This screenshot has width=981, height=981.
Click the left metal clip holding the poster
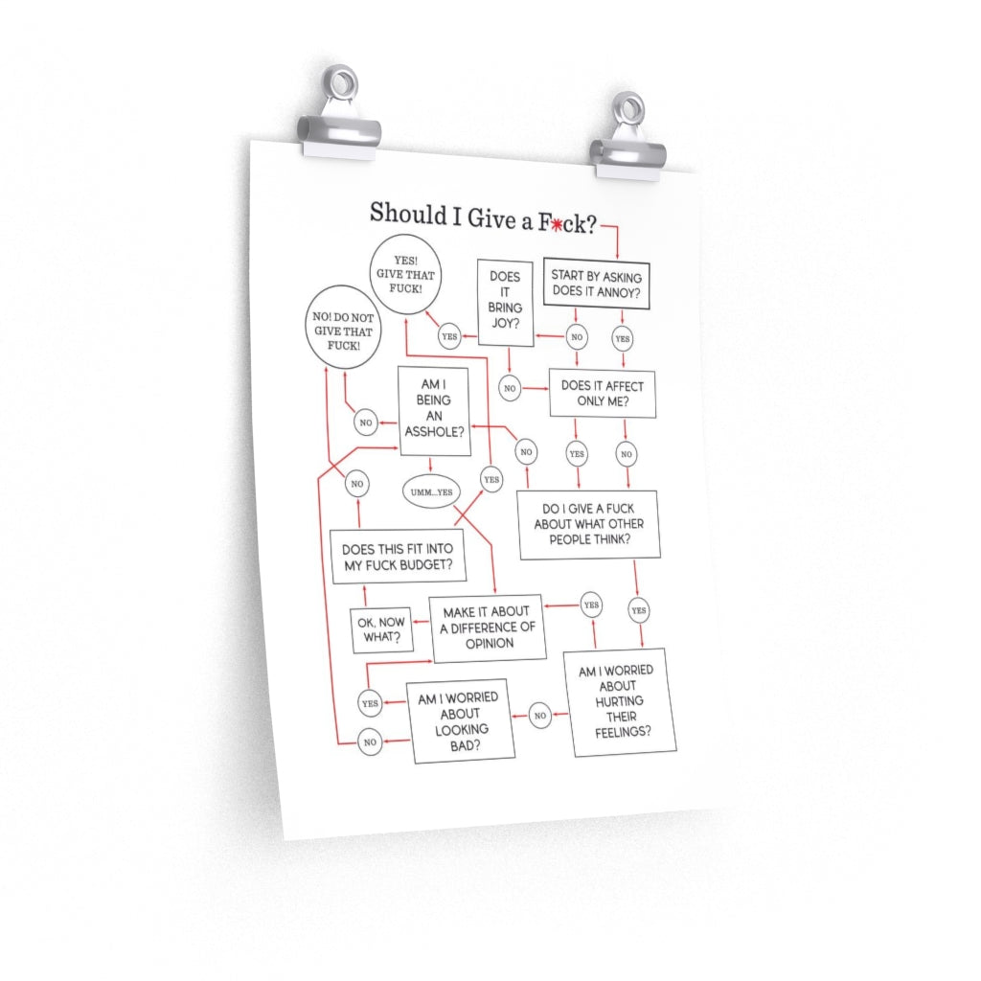(338, 115)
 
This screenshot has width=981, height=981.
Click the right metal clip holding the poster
(627, 138)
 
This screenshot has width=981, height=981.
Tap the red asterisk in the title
(556, 224)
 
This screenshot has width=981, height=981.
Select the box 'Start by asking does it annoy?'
(596, 284)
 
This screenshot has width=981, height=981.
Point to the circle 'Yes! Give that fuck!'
(405, 275)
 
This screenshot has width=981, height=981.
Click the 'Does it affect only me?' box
(603, 393)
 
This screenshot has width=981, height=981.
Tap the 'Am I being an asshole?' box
(434, 411)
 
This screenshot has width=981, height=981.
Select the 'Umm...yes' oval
(431, 492)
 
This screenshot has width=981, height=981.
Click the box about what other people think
(589, 524)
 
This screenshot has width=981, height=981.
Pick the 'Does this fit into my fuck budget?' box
(399, 557)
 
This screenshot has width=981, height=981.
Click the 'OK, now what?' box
(381, 630)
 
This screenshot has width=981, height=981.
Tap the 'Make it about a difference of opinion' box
(488, 627)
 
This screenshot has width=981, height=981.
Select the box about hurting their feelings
(620, 701)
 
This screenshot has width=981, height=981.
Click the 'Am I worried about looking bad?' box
(461, 721)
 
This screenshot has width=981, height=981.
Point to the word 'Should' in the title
(408, 214)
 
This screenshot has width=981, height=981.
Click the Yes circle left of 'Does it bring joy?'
(449, 336)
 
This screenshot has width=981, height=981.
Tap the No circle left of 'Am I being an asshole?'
(366, 422)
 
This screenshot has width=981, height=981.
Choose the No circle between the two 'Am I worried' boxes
(540, 715)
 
